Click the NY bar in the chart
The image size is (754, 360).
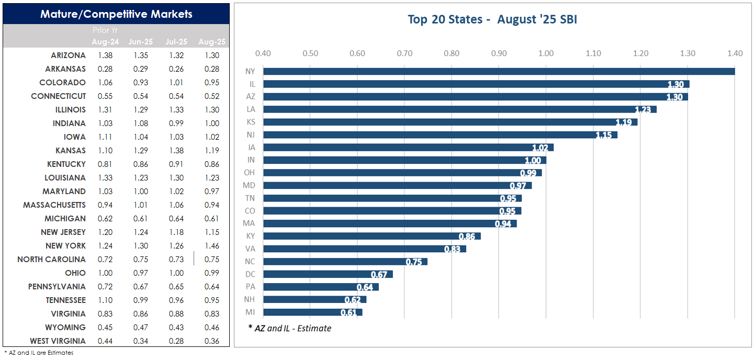(499, 71)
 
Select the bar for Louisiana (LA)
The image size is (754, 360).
(459, 109)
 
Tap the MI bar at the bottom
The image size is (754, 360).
(312, 312)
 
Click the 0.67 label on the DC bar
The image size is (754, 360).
(379, 275)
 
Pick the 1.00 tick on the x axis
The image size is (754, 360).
(546, 53)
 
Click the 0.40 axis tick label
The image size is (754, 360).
(263, 53)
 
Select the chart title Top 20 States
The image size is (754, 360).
(492, 20)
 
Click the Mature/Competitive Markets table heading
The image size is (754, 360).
(116, 14)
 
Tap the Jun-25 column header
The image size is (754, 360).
(138, 41)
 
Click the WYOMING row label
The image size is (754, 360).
(65, 328)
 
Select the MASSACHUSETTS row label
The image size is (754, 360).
(54, 205)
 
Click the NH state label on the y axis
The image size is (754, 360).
(250, 300)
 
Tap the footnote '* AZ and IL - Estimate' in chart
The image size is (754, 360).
(290, 329)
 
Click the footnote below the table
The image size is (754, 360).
(39, 353)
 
